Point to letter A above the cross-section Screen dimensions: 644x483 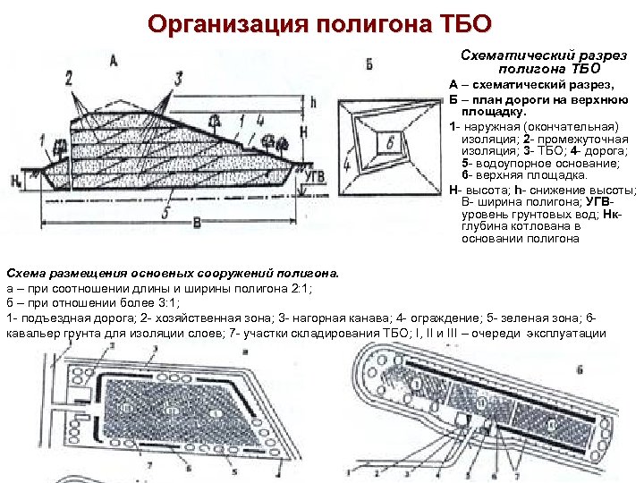coord(114,61)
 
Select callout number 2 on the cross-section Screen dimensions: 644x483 coord(69,79)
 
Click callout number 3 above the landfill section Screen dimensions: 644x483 coord(178,79)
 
